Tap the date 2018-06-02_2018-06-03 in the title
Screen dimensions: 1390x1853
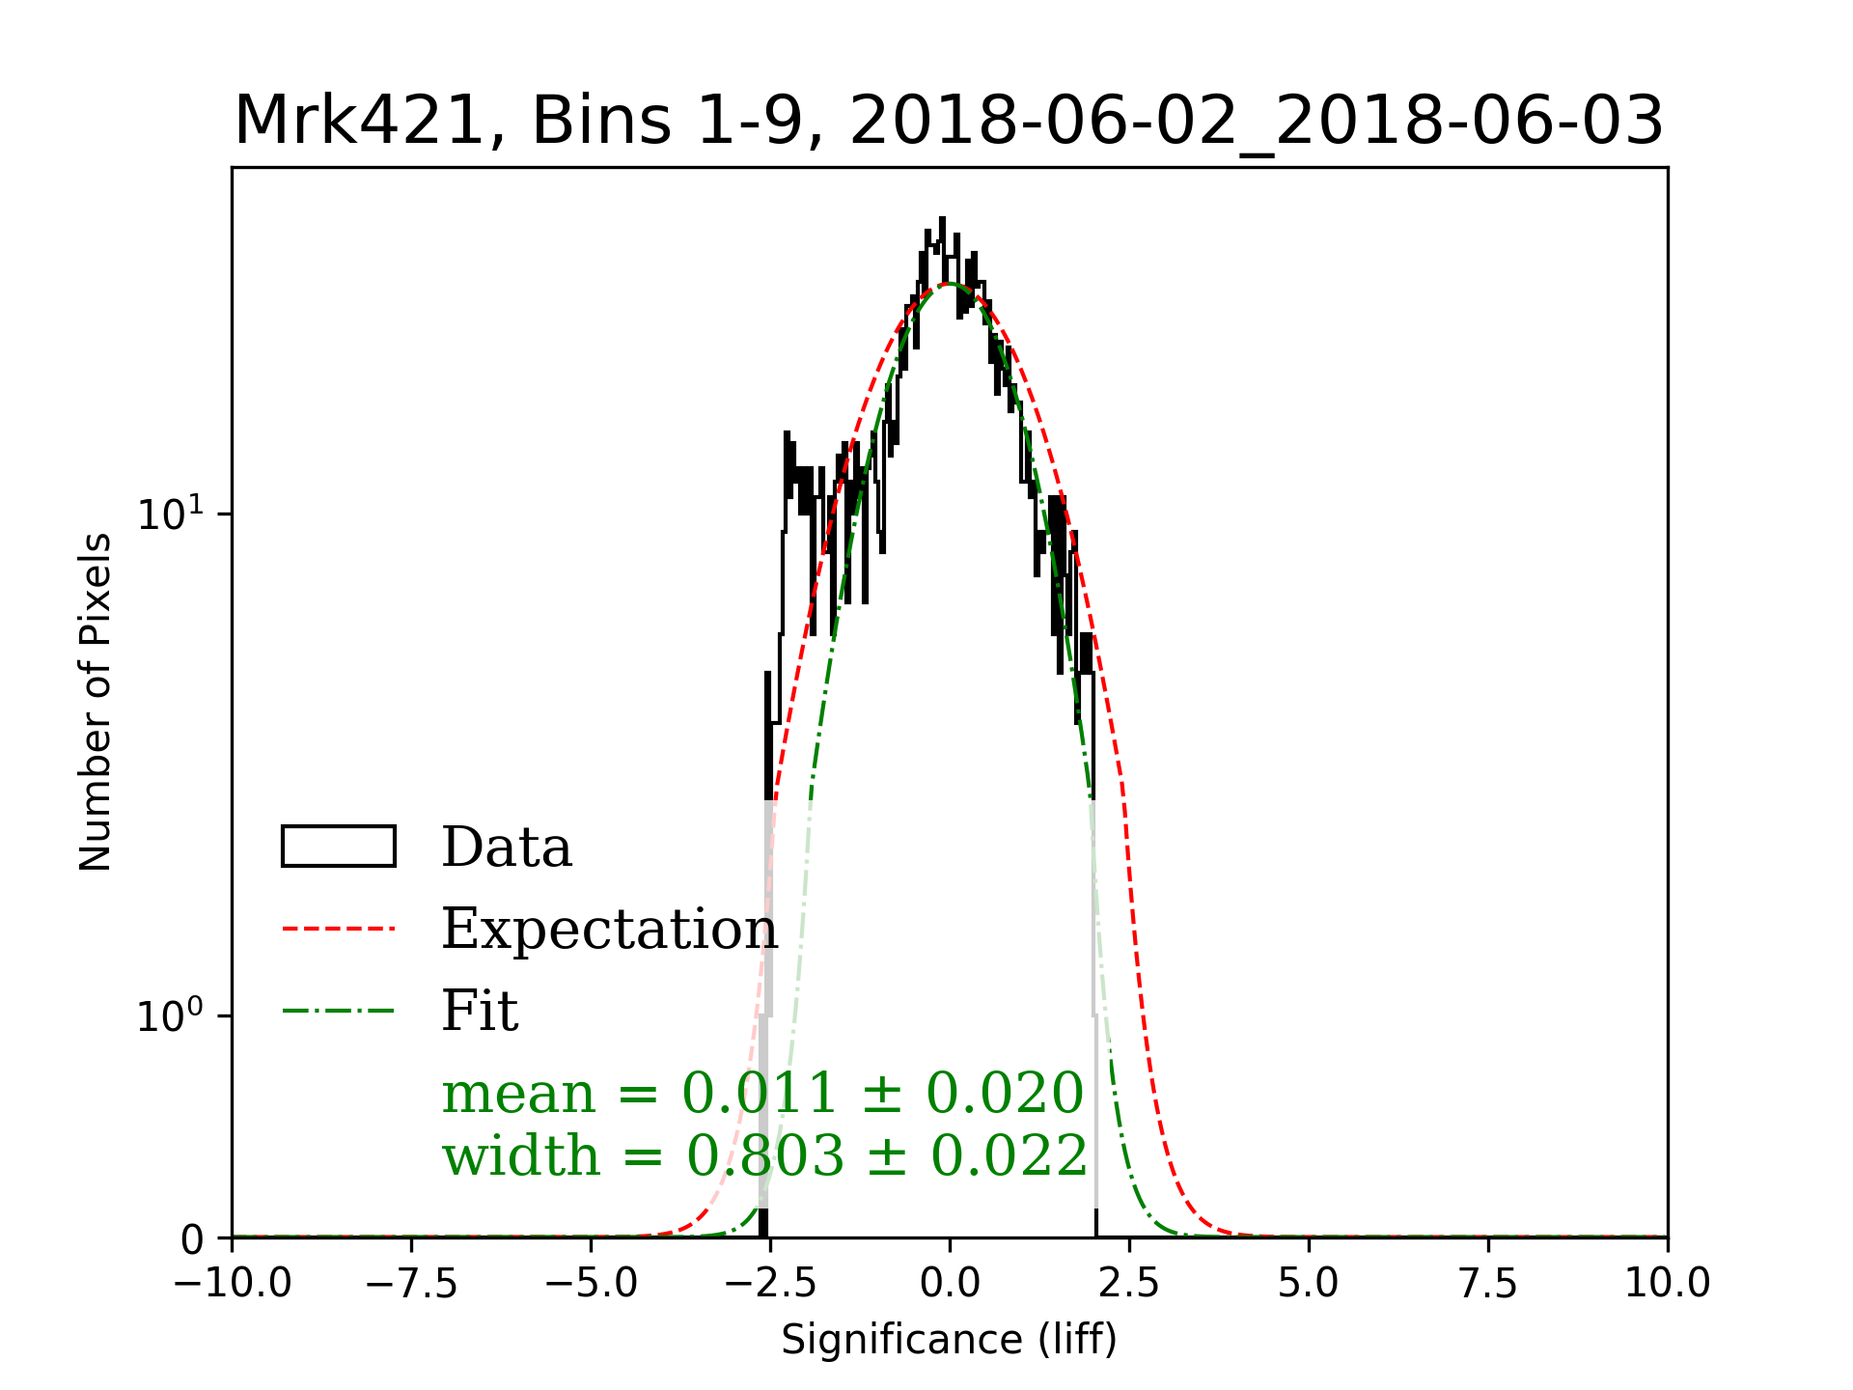[1257, 122]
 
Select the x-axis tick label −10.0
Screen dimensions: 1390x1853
[233, 1283]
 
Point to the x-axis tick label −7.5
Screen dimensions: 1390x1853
[411, 1283]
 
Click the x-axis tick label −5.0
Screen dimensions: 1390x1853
[591, 1283]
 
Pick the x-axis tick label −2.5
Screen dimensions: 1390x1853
[770, 1283]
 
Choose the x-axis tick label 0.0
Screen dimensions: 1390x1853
[950, 1283]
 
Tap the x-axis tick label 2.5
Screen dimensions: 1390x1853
[1129, 1283]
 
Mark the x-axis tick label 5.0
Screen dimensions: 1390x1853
[1309, 1283]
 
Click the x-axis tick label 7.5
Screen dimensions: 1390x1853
[1488, 1283]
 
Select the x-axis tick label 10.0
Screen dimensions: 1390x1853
[1668, 1283]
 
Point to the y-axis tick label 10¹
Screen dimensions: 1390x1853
[171, 513]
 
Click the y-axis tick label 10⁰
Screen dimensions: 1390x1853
[171, 1015]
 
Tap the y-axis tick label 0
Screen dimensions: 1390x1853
[193, 1239]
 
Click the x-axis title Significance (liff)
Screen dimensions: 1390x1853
[949, 1340]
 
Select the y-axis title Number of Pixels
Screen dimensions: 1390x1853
[96, 702]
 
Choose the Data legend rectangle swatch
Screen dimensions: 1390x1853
[339, 847]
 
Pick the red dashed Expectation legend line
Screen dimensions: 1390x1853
[339, 929]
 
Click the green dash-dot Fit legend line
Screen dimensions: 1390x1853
[339, 1011]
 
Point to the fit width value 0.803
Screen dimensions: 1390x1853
[765, 1155]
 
